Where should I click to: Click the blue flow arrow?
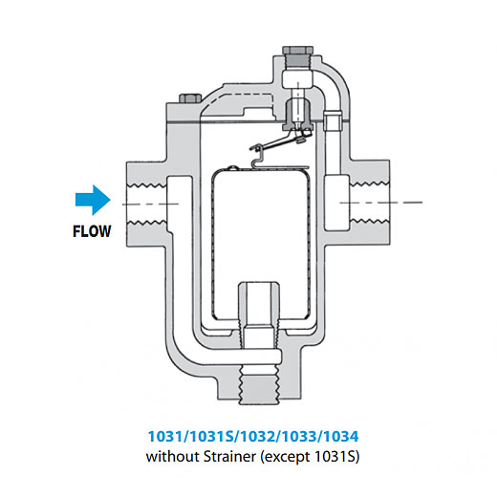pos(93,200)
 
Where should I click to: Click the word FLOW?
pos(92,231)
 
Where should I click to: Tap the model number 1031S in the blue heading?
pos(211,436)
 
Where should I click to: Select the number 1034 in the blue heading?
pos(341,436)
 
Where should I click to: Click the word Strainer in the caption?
pos(229,457)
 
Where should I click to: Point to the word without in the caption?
pos(173,457)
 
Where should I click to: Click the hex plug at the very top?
pos(297,50)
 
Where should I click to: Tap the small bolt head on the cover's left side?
pos(190,98)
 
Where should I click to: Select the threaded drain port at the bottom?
pos(259,384)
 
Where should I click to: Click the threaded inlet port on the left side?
pos(147,204)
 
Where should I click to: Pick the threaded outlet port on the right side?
pos(370,203)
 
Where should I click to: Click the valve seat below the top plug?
pos(298,115)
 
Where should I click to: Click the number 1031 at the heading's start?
pos(166,436)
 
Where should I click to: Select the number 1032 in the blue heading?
pos(258,436)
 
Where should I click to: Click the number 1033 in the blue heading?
pos(299,436)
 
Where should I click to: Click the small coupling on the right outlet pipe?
pos(333,120)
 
